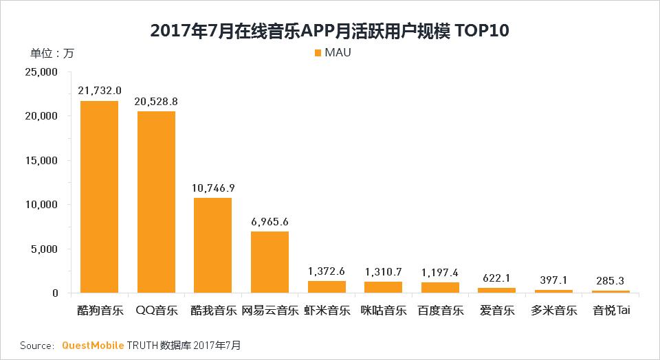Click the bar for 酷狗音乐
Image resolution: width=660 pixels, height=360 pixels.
99,197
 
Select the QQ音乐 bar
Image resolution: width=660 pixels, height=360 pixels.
156,202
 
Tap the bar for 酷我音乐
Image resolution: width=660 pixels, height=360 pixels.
212,245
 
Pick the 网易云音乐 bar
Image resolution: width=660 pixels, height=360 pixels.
269,262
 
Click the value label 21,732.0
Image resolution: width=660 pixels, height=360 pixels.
100,91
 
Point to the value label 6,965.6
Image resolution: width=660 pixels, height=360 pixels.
269,221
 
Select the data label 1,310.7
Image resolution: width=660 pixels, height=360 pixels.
383,271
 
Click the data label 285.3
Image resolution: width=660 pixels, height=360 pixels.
610,280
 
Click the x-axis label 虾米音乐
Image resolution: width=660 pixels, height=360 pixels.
327,311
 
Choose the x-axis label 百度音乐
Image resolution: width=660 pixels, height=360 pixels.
440,311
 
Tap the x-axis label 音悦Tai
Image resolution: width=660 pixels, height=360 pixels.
611,311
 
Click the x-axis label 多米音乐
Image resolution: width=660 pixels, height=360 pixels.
553,311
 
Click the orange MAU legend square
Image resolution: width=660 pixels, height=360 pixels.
317,53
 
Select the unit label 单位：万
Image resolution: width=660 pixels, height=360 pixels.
52,53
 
